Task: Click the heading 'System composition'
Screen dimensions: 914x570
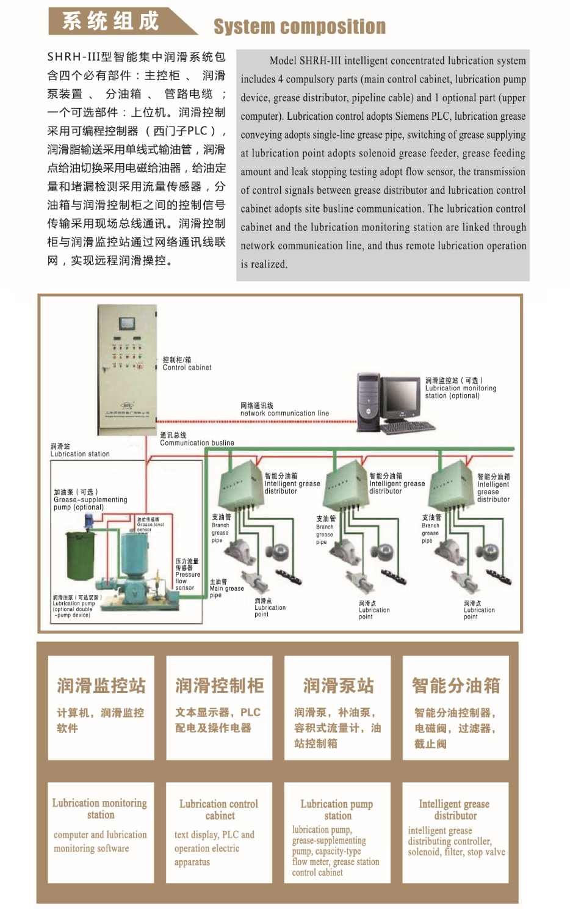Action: click(299, 26)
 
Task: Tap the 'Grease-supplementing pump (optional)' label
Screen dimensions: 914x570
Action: click(90, 500)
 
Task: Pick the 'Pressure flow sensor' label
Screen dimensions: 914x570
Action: click(187, 575)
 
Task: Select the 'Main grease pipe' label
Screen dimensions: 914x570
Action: click(226, 588)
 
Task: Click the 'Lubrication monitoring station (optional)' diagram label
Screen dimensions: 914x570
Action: click(461, 388)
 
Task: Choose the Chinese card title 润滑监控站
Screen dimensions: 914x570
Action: click(101, 685)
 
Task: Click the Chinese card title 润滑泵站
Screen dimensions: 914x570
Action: click(338, 685)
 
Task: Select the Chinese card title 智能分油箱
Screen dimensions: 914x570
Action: click(456, 685)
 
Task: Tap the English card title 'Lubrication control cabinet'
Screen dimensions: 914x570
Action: click(219, 810)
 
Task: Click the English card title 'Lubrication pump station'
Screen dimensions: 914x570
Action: click(337, 810)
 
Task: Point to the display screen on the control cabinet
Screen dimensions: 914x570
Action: click(127, 323)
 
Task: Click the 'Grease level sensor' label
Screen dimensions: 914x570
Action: click(150, 524)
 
